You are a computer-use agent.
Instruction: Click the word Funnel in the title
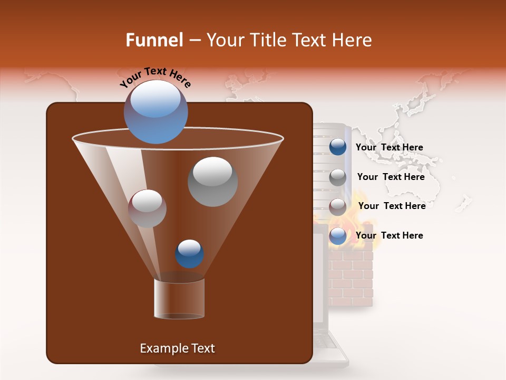coord(154,40)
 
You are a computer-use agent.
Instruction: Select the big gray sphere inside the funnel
coord(212,182)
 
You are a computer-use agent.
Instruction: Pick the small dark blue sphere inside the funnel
coord(189,253)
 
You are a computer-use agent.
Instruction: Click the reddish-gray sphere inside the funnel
coord(147,208)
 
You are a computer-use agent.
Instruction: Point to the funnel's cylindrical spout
coord(179,298)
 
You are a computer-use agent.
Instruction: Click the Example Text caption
coord(177,348)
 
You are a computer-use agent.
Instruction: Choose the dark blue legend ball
coord(338,147)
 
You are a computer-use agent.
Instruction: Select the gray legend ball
coord(338,177)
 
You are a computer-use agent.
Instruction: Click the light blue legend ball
coord(338,236)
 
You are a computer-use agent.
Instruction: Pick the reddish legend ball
coord(338,206)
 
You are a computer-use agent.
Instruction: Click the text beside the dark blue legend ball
coord(389,147)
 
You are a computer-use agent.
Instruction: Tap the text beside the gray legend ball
coord(391,177)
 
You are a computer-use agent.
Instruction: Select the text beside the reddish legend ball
coord(392,206)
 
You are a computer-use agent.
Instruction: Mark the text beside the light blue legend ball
coord(389,235)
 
